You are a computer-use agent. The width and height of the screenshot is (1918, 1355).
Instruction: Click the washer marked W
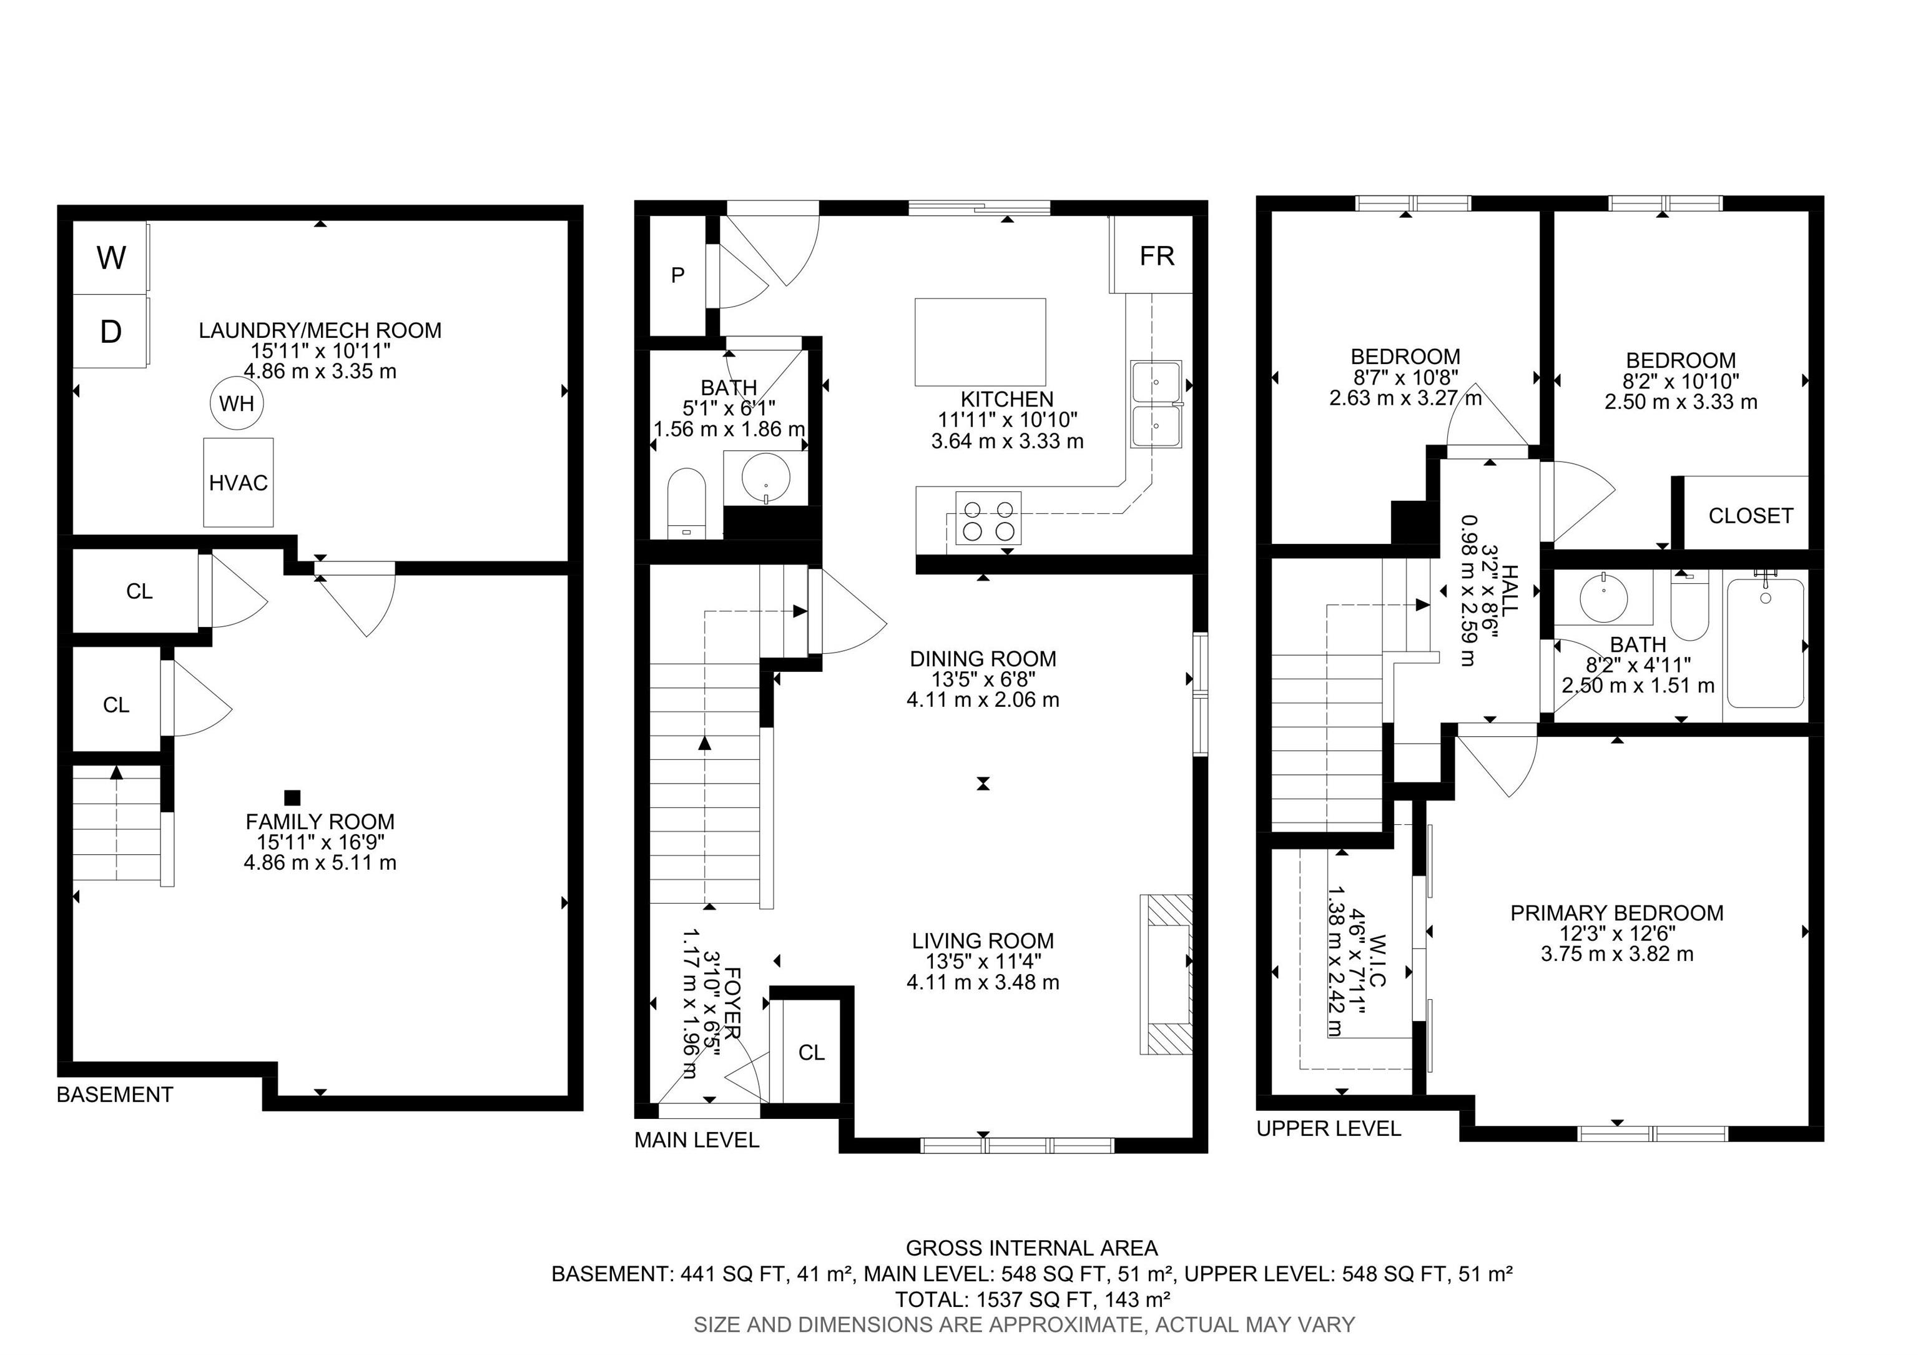pos(111,257)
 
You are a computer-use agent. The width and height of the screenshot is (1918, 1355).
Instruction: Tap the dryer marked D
pos(111,331)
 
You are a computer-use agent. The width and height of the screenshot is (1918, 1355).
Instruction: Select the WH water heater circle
pos(237,403)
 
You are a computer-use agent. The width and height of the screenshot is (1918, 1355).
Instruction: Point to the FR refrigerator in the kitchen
pos(1156,255)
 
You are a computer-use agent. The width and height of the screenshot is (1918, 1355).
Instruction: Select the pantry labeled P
pos(678,275)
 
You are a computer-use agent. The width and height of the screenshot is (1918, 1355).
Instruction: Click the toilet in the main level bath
pos(687,501)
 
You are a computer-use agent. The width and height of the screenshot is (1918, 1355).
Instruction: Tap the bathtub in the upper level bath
pos(1765,643)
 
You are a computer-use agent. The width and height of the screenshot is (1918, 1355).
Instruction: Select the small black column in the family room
pos(292,798)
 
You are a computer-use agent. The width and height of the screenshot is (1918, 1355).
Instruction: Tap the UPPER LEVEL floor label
pos(1328,1128)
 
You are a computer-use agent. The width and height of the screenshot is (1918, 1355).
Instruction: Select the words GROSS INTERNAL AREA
pos(1031,1248)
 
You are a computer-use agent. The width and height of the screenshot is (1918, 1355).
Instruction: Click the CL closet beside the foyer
pos(811,1053)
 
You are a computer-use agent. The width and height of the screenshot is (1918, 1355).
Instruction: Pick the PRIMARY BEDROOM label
pos(1616,913)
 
